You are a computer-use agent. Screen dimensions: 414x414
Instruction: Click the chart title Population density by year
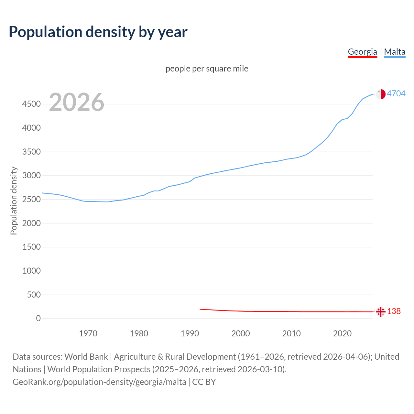click(98, 32)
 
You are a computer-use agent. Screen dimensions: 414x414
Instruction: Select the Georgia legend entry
click(362, 52)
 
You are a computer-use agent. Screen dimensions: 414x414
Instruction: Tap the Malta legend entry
click(395, 52)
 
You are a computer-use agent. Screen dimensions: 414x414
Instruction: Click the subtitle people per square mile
click(207, 69)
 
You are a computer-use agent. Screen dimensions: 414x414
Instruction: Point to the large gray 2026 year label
click(77, 102)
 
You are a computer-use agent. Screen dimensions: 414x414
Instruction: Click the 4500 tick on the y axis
click(31, 104)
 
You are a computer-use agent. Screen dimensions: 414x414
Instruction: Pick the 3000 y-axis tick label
click(31, 176)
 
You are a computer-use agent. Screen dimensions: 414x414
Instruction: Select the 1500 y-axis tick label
click(31, 247)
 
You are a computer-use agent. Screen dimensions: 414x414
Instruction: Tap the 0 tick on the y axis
click(38, 319)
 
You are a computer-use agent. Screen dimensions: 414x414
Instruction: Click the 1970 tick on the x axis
click(88, 333)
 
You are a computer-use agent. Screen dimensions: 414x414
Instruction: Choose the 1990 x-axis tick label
click(190, 333)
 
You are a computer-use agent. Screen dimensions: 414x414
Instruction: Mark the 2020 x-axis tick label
click(342, 333)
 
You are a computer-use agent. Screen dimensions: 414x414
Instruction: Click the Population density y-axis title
click(14, 201)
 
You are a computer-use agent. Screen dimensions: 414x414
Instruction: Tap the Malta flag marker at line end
click(381, 94)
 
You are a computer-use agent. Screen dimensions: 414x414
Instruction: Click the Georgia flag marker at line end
click(381, 312)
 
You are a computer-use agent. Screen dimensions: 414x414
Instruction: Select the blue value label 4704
click(396, 93)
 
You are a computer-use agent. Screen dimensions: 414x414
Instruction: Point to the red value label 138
click(394, 311)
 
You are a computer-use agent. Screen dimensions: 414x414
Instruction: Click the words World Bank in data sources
click(86, 357)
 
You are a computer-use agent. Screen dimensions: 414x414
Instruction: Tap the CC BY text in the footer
click(204, 382)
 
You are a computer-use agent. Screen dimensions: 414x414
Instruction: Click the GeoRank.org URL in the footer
click(99, 382)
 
